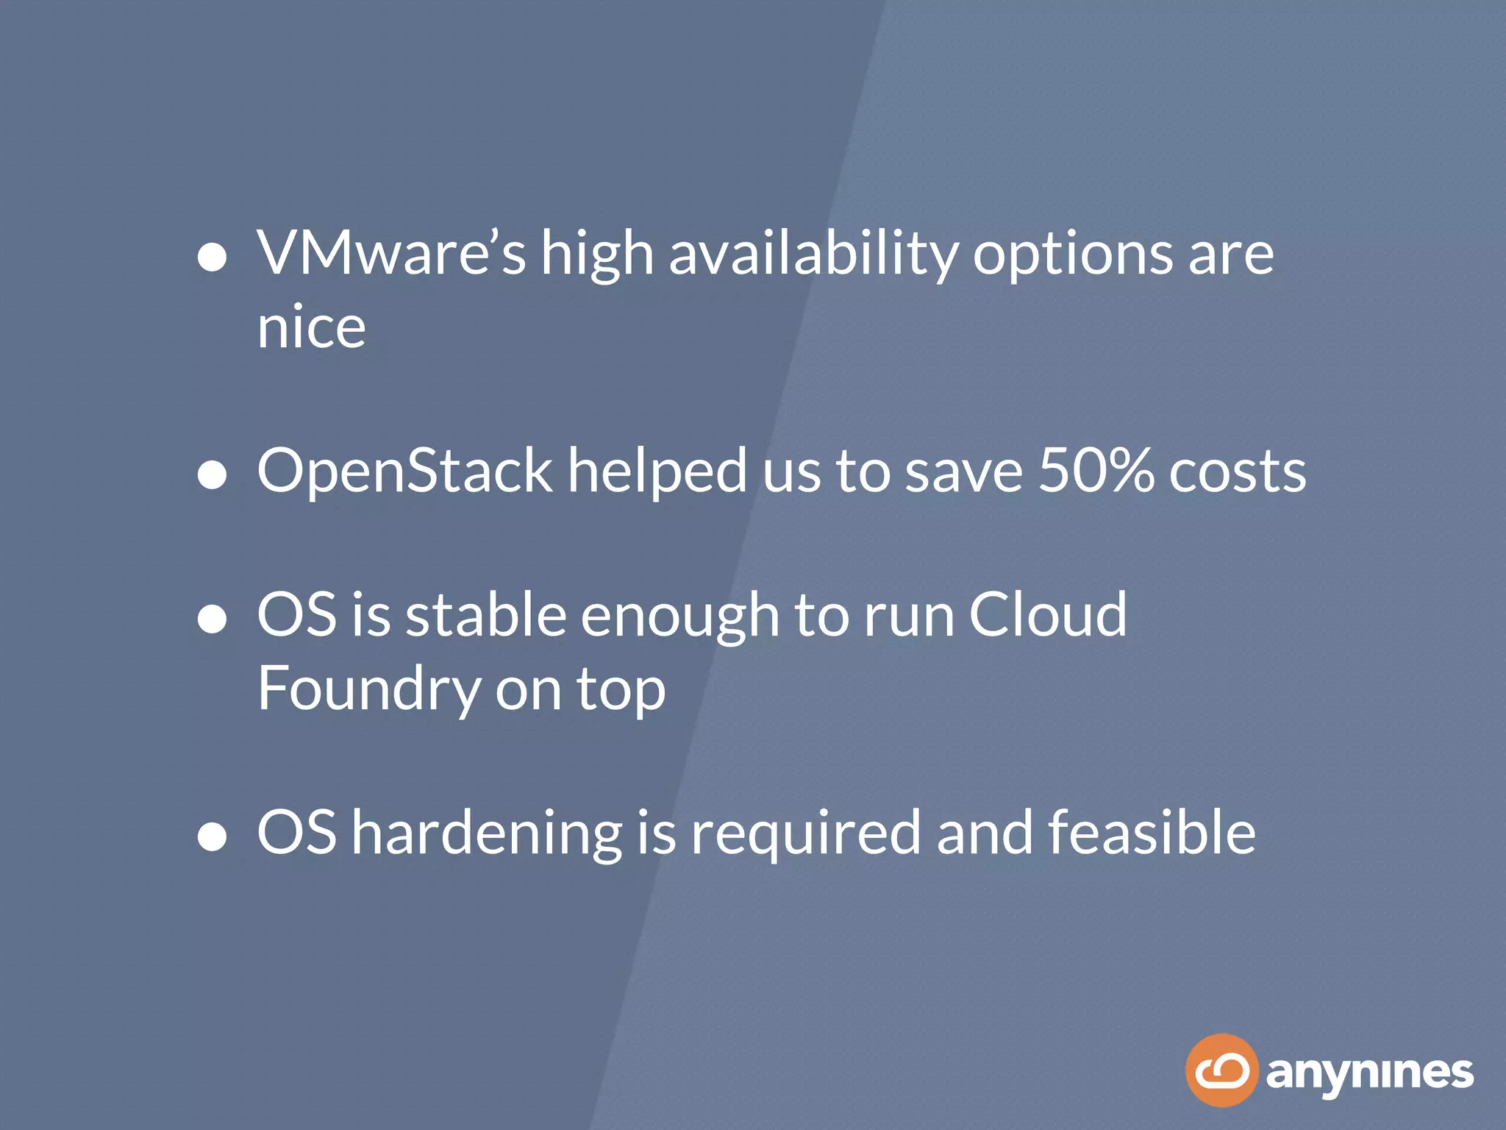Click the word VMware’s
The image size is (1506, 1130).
click(391, 254)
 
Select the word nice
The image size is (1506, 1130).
click(311, 327)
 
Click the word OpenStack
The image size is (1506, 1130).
click(404, 472)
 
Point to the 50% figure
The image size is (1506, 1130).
click(1096, 471)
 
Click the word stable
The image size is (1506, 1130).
click(486, 615)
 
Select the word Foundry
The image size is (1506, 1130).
click(368, 690)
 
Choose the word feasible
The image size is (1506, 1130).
click(1152, 832)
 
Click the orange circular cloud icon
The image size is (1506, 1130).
click(1221, 1070)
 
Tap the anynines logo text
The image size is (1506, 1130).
click(1369, 1074)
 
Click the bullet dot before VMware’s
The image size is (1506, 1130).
click(213, 257)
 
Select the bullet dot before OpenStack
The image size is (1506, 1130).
click(213, 475)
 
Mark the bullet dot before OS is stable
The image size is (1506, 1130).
click(213, 619)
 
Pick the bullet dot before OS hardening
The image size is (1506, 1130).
click(213, 836)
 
